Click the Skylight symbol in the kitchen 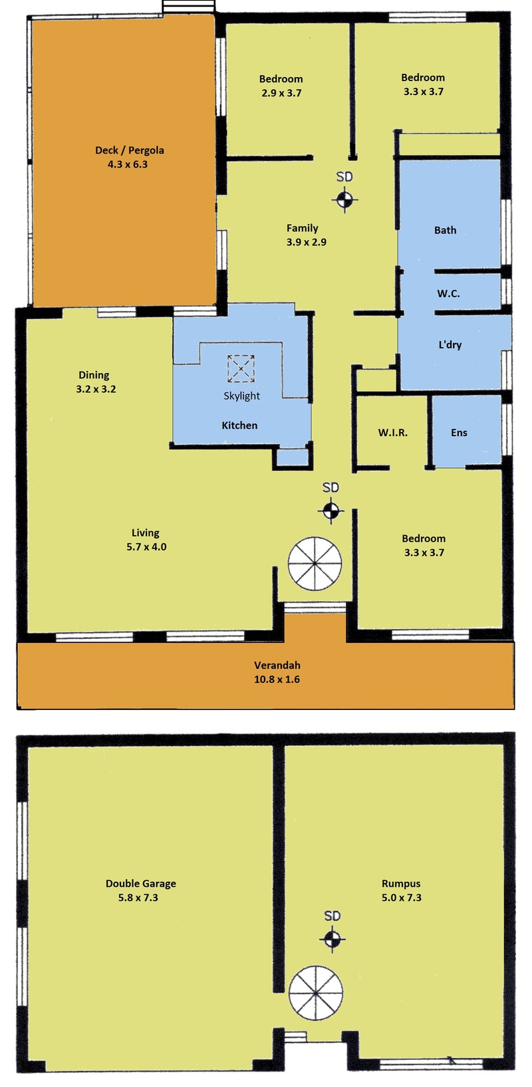click(241, 368)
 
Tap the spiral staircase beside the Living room click(315, 563)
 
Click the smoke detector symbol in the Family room click(344, 199)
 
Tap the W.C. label click(448, 294)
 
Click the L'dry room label click(450, 344)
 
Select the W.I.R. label click(393, 432)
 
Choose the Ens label click(460, 432)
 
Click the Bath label click(445, 230)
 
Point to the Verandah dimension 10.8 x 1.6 click(277, 679)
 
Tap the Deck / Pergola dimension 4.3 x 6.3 click(128, 164)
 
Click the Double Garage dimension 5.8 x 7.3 click(138, 898)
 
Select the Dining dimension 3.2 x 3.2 click(96, 389)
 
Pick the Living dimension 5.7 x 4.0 click(146, 546)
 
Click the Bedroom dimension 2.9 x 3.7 click(281, 92)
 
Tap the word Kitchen click(240, 425)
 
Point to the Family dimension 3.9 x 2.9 click(307, 241)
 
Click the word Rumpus click(401, 884)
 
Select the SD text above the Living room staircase click(331, 487)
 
